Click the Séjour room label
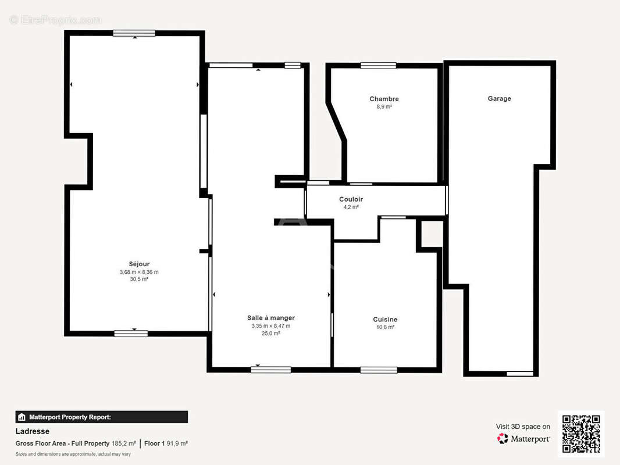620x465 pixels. click(x=139, y=264)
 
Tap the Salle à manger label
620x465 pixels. click(x=271, y=317)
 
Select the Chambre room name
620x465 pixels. click(x=384, y=99)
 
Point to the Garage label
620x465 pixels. click(x=499, y=98)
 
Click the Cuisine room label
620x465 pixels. click(x=385, y=319)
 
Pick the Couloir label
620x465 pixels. click(x=351, y=199)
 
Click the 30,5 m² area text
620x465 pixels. click(x=139, y=279)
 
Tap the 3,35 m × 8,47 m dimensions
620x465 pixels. click(x=271, y=326)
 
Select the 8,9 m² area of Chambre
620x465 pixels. click(x=384, y=107)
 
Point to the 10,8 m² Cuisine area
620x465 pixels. click(x=385, y=327)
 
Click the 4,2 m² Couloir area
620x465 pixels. click(x=351, y=207)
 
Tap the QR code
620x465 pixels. click(x=581, y=434)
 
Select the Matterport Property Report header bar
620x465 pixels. click(x=102, y=417)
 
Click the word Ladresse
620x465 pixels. click(x=33, y=431)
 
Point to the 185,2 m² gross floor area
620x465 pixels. click(x=124, y=443)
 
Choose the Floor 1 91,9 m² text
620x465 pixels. click(x=166, y=443)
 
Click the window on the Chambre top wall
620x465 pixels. click(x=379, y=66)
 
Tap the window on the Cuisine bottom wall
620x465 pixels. click(x=379, y=370)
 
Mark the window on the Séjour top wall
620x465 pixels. click(x=134, y=33)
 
